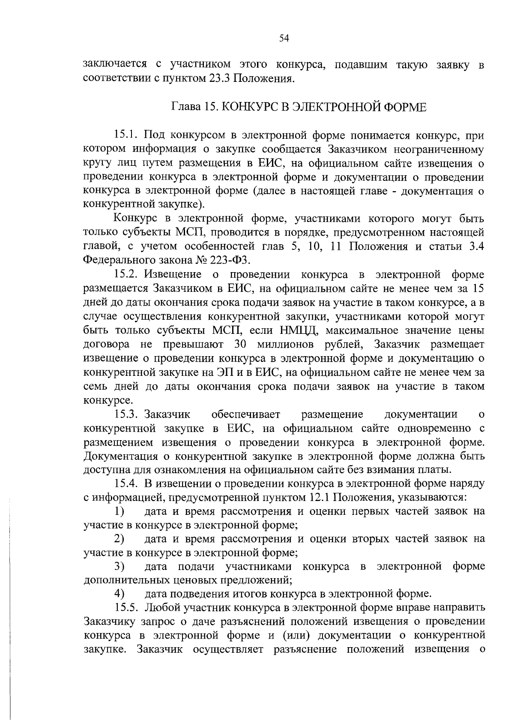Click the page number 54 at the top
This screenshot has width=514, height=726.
pos(284,39)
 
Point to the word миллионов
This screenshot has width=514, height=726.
pos(285,344)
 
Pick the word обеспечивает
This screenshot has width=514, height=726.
pos(246,414)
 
